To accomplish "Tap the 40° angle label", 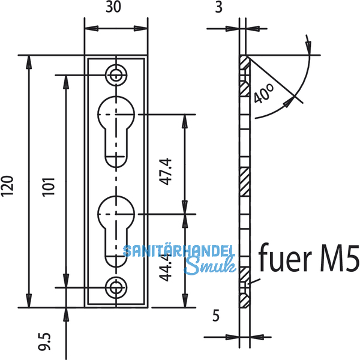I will click(x=263, y=94).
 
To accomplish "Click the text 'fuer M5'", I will click(x=308, y=259).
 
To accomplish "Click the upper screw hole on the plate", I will click(x=115, y=75).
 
